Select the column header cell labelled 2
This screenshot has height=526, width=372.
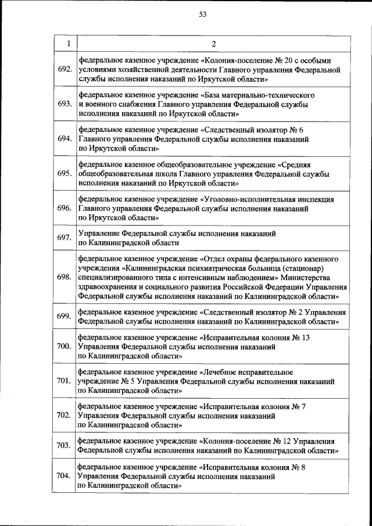click(213, 44)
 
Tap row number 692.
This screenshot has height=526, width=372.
click(64, 70)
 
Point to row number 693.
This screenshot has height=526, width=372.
click(64, 104)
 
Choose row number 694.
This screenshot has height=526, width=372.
click(64, 138)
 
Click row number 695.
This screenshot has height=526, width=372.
click(64, 173)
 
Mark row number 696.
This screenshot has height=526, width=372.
click(64, 207)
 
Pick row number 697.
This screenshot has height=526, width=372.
click(64, 238)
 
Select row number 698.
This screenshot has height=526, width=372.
click(64, 277)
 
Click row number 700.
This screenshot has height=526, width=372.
click(64, 346)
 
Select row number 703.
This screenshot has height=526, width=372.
click(64, 445)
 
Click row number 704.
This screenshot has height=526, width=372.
click(64, 476)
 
